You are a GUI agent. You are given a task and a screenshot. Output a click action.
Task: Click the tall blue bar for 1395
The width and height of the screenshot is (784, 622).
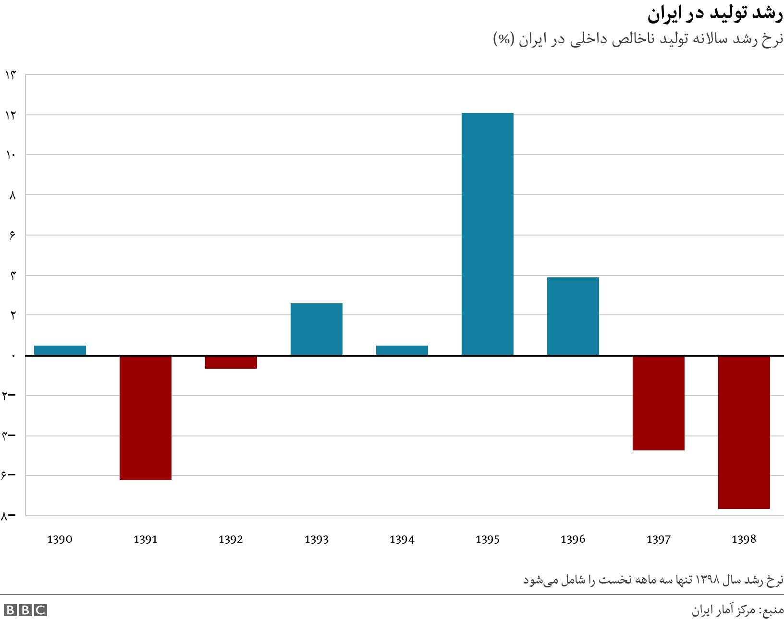coord(487,234)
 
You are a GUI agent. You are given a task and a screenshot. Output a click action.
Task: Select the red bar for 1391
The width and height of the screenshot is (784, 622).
coord(146,418)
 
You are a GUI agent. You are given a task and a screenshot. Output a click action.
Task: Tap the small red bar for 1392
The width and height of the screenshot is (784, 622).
coord(231,362)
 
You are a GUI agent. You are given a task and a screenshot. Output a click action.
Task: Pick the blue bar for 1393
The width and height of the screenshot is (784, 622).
coord(317,329)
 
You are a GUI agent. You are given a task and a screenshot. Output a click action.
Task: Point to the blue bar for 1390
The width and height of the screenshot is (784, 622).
coord(60,350)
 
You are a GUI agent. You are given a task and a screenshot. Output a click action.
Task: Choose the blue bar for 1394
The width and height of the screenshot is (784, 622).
coord(402,350)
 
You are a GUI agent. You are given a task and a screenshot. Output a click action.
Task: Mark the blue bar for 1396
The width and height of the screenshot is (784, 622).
coord(573,316)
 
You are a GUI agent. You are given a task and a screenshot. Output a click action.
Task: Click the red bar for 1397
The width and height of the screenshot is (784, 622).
coord(658,403)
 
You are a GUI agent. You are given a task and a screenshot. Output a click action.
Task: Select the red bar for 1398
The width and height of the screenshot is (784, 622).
coord(744,432)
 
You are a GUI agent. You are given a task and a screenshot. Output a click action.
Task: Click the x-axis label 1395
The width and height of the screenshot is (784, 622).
coord(487,539)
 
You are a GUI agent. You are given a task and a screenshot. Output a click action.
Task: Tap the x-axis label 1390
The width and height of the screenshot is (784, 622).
coord(60,539)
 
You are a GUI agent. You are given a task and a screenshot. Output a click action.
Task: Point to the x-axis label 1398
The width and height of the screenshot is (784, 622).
coord(744,539)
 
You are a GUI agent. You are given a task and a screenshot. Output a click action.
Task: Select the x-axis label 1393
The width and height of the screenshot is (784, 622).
coord(317,539)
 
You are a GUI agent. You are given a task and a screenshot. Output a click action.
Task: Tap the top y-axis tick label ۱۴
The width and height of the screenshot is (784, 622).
coord(11,75)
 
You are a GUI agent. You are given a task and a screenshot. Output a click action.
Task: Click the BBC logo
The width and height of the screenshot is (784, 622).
coord(25,610)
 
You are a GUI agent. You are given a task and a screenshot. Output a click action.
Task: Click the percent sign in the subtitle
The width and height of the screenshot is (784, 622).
coord(504,39)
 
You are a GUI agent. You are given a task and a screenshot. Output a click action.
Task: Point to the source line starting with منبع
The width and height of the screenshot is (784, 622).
coord(737,610)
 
